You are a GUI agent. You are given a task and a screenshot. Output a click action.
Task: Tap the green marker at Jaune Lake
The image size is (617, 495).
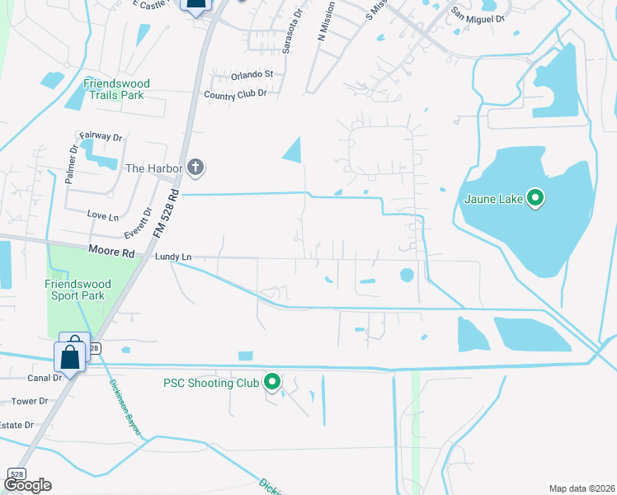pyautogui.click(x=535, y=198)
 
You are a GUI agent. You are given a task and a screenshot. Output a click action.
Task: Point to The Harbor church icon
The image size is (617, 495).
pyautogui.click(x=195, y=168)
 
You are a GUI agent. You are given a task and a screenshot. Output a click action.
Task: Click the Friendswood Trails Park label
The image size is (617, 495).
pyautogui.click(x=114, y=89)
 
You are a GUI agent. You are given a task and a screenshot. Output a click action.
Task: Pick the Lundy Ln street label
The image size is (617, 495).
pyautogui.click(x=173, y=257)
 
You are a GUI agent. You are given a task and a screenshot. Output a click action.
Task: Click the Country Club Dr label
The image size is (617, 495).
pyautogui.click(x=235, y=93)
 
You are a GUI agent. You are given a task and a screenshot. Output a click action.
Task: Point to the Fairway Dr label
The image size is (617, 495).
pyautogui.click(x=101, y=136)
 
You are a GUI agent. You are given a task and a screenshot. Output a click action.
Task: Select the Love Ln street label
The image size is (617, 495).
pyautogui.click(x=103, y=214)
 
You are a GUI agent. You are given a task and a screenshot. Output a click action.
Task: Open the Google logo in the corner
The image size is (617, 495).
pyautogui.click(x=27, y=484)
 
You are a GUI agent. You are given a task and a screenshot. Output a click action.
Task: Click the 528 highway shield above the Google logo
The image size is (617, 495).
pyautogui.click(x=16, y=474)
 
